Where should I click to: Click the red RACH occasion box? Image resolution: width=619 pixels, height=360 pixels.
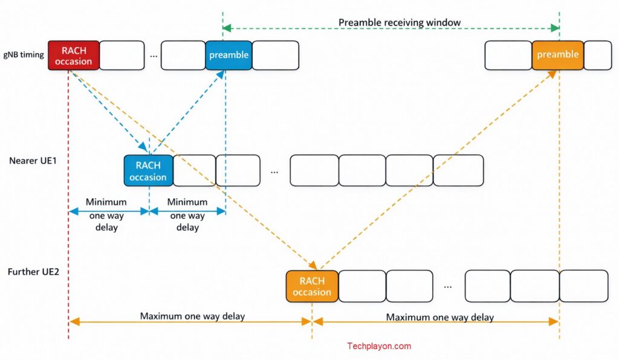coord(73,56)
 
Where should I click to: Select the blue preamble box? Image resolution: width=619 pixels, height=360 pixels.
coord(228,56)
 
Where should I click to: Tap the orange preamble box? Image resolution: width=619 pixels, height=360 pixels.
coord(557,55)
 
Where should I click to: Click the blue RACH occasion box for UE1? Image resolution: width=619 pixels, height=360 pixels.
coord(148,171)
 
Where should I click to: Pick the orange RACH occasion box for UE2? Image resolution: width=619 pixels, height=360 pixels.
coord(312,286)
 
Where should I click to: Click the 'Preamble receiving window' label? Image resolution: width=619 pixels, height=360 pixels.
coord(400,23)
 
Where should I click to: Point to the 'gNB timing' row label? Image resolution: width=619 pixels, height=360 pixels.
coord(24,55)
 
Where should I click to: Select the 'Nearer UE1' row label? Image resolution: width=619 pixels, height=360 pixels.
coord(33,161)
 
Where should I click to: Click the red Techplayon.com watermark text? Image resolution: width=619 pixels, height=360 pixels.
coord(379,346)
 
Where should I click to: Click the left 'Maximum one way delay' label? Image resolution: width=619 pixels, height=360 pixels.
coord(192,316)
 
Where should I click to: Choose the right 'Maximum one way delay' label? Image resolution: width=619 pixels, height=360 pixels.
coord(439,317)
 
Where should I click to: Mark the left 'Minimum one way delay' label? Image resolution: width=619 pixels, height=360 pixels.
coord(106,214)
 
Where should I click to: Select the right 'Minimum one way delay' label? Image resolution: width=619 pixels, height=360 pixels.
coord(187,214)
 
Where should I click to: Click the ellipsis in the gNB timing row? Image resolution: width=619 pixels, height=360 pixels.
coord(154,56)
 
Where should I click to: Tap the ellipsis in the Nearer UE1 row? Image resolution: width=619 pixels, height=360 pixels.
coord(274,172)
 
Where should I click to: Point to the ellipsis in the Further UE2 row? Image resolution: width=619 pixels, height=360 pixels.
coord(447,286)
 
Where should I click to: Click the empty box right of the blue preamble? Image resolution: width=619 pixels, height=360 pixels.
coord(276,56)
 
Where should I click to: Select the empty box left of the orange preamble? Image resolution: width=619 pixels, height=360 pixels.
coord(508,56)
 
